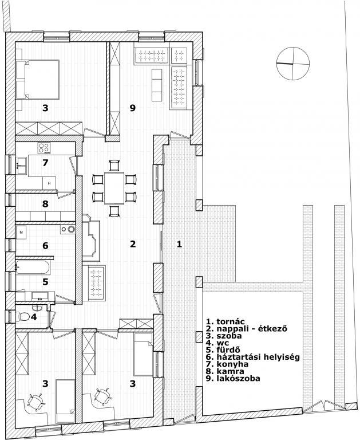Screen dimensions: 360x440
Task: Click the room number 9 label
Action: [133, 108]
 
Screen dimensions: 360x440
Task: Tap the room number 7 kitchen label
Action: [45, 163]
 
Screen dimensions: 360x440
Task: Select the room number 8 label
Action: [45, 204]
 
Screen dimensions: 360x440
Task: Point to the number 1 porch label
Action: [179, 244]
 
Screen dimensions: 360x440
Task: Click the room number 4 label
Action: [34, 317]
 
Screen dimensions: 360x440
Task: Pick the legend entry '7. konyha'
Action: [227, 364]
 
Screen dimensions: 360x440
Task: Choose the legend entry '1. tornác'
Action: [226, 321]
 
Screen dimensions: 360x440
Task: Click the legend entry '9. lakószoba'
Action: [233, 378]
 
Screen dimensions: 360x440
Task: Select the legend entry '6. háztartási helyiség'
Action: [252, 357]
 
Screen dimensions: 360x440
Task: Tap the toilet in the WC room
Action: [24, 317]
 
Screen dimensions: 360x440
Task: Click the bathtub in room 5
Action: [33, 268]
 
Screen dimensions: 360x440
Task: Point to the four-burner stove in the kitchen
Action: [44, 148]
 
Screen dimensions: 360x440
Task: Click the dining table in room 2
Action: [114, 188]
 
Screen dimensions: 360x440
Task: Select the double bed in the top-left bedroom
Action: [38, 80]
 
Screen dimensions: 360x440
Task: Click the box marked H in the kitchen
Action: [49, 183]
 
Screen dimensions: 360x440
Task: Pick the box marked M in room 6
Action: [21, 232]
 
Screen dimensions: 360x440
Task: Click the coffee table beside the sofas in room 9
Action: [157, 85]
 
